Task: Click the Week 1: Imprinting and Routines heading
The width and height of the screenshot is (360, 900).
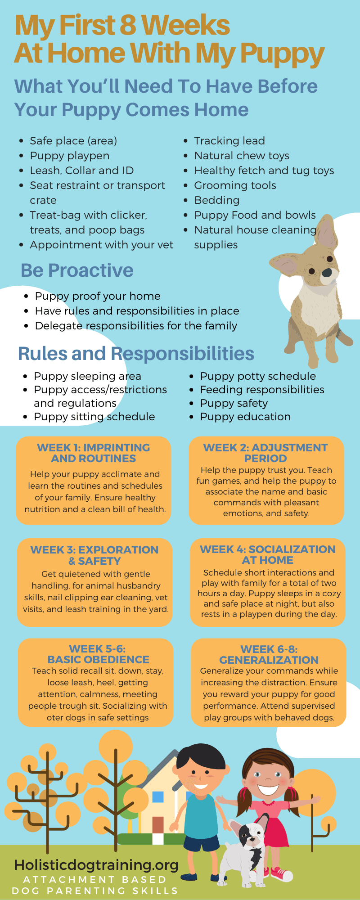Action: [x=94, y=453]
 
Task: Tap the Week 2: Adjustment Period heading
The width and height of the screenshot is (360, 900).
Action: [x=265, y=453]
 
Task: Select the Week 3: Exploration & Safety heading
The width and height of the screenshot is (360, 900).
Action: [x=94, y=555]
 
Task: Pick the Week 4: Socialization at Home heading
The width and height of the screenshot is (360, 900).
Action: [x=268, y=555]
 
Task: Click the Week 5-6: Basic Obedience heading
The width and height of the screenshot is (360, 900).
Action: [x=98, y=654]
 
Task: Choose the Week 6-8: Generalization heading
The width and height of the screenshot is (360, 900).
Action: [x=269, y=655]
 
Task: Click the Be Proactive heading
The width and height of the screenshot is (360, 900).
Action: [x=77, y=270]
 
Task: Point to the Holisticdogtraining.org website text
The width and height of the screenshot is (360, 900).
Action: [x=96, y=864]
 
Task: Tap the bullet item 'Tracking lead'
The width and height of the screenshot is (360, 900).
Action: [x=229, y=141]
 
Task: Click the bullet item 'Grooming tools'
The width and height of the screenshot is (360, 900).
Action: [x=235, y=185]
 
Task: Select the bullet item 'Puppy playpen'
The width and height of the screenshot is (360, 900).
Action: [x=70, y=156]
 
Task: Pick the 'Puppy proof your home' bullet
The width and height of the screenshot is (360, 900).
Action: [x=98, y=296]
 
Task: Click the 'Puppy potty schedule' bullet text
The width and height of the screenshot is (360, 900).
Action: [x=258, y=376]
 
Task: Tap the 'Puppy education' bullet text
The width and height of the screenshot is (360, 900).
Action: [x=245, y=417]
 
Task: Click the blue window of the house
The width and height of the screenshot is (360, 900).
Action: [x=158, y=796]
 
